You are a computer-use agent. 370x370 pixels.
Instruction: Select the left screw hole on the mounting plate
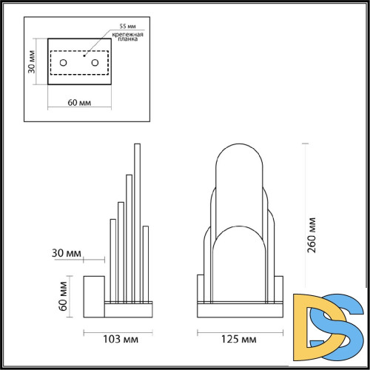click(x=64, y=64)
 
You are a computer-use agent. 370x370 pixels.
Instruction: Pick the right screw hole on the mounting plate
click(x=95, y=64)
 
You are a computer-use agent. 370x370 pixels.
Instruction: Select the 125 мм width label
click(x=239, y=340)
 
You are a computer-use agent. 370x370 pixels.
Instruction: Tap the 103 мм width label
click(x=118, y=340)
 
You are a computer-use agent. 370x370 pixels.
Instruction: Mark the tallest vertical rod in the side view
click(x=137, y=222)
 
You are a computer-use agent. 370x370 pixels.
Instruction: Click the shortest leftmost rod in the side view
click(x=112, y=259)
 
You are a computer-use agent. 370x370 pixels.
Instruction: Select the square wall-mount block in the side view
click(x=94, y=294)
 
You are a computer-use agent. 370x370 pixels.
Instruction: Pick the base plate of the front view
click(x=239, y=306)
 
